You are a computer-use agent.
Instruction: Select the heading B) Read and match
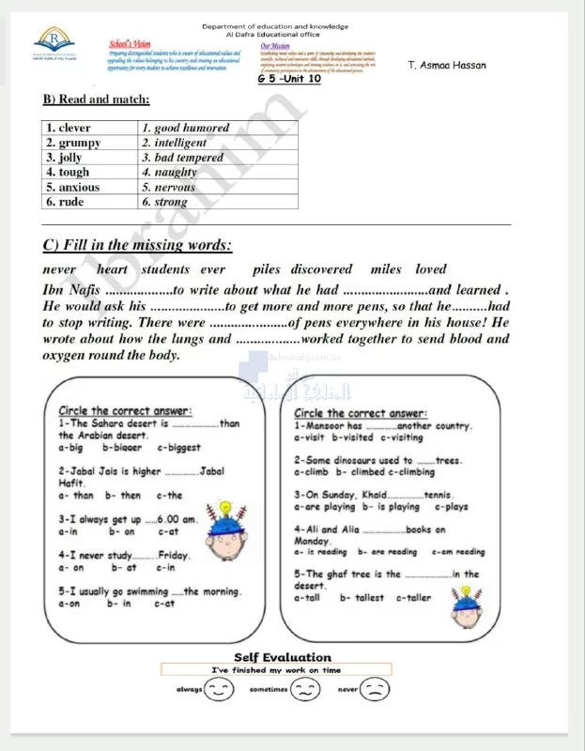tap(97, 100)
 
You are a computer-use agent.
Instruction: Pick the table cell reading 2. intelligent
tap(175, 143)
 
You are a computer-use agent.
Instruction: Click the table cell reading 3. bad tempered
tap(183, 158)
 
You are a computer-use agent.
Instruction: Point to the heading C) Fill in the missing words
tap(137, 246)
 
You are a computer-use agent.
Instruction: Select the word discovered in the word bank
tap(321, 269)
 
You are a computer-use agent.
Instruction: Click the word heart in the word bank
tap(113, 269)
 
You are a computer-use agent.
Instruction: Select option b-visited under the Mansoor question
tap(353, 437)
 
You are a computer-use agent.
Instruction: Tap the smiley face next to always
tap(220, 690)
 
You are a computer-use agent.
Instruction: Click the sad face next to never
tap(376, 690)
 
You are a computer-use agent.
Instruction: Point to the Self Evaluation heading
tap(282, 657)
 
